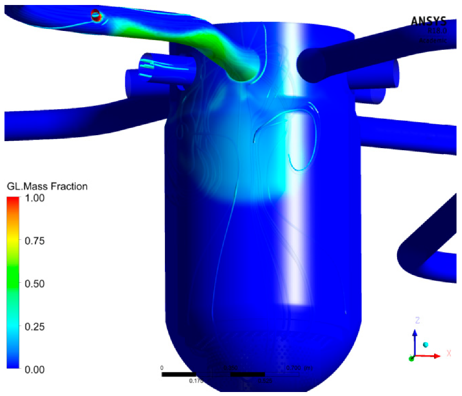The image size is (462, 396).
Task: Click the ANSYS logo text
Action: [x=429, y=21]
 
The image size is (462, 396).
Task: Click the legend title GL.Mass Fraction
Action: [x=47, y=187]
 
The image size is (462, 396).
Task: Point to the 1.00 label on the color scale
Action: [x=35, y=198]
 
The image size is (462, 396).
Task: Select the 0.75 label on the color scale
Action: [x=35, y=241]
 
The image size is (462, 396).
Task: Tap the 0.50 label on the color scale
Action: [x=35, y=284]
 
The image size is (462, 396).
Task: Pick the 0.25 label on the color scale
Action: [x=35, y=327]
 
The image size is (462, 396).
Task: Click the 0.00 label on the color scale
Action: [x=35, y=369]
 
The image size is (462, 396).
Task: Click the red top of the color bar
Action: [x=13, y=200]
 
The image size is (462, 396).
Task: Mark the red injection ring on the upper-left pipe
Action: [x=96, y=16]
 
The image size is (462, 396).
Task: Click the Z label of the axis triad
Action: [x=415, y=320]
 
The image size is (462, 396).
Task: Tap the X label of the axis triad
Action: [x=449, y=353]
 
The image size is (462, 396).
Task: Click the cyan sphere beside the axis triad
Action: [x=426, y=345]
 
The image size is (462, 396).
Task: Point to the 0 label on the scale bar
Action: [x=161, y=368]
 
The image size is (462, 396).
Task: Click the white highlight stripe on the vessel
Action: [x=294, y=199]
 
